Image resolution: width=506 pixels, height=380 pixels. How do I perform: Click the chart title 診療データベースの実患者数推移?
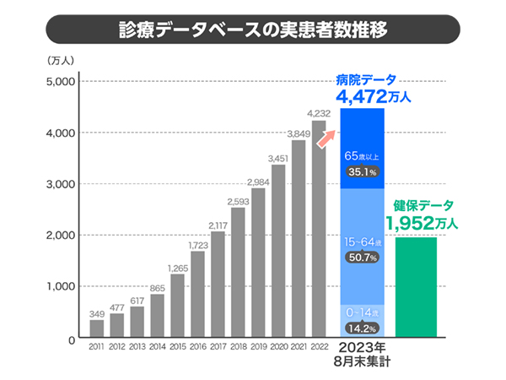(253, 32)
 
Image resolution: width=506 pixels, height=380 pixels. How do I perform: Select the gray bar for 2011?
(97, 328)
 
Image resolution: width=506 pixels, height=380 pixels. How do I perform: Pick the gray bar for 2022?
(318, 228)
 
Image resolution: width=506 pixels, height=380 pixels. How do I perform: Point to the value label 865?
(158, 288)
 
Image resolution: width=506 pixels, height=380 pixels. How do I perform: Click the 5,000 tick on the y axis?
(62, 82)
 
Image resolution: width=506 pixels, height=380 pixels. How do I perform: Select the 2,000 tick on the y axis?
(62, 236)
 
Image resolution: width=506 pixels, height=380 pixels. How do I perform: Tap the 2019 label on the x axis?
(258, 346)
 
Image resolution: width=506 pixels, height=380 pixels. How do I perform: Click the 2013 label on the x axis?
(137, 346)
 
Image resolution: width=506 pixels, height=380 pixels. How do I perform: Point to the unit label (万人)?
(62, 59)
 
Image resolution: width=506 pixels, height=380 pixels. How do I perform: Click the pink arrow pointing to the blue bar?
(326, 138)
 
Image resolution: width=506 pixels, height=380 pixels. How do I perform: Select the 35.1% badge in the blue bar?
(361, 172)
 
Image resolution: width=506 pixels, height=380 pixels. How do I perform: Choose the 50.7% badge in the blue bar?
(361, 258)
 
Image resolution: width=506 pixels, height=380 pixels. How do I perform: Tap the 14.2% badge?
(361, 328)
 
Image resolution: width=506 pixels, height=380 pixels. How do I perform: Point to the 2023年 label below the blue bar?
(363, 348)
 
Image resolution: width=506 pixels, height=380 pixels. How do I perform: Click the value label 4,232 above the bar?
(319, 113)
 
